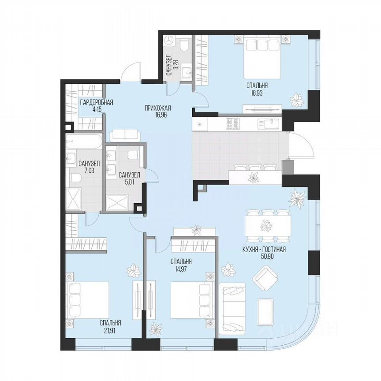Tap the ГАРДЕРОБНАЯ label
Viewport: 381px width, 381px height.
click(96, 103)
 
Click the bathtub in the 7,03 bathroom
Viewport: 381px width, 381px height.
click(83, 142)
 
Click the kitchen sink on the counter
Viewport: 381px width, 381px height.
click(269, 123)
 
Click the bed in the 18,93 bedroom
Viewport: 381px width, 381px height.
click(263, 58)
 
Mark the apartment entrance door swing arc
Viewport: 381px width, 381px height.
click(131, 71)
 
